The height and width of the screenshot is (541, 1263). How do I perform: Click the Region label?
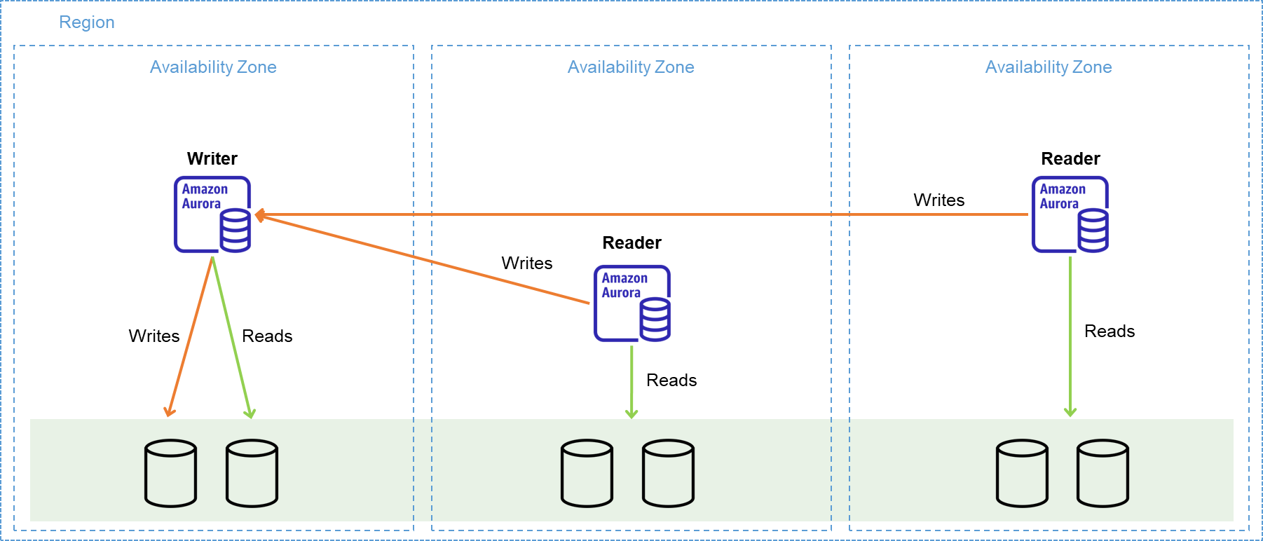click(86, 22)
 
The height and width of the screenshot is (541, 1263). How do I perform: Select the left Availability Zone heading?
click(213, 67)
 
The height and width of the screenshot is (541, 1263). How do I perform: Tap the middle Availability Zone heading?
click(631, 67)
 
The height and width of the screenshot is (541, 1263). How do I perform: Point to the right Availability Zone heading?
click(1049, 67)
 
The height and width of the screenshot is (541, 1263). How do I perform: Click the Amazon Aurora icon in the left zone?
click(212, 214)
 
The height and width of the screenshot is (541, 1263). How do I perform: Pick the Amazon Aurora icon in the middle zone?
click(632, 303)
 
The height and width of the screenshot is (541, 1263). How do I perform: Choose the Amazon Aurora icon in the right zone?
click(1070, 214)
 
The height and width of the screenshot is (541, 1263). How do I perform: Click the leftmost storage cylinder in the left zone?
click(170, 473)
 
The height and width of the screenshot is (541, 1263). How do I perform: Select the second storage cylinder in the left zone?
click(252, 473)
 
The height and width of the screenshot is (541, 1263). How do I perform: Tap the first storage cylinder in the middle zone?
click(587, 473)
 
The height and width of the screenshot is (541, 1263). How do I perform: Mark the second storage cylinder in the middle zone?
click(668, 473)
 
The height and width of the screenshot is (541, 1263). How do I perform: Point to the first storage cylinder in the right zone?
click(1023, 473)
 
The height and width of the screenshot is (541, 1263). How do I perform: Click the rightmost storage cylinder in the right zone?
click(1102, 473)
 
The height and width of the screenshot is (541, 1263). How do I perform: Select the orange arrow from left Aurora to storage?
click(191, 336)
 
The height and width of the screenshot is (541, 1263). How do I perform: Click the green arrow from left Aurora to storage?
click(231, 336)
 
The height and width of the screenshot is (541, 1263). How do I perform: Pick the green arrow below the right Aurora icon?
click(1070, 336)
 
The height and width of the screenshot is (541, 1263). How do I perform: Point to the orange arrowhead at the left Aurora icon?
click(259, 215)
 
